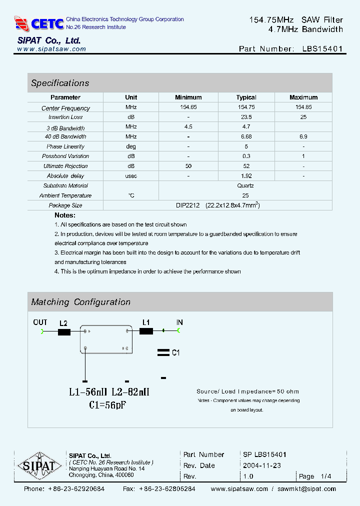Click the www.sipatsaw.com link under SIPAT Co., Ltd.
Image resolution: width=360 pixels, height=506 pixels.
(x=51, y=49)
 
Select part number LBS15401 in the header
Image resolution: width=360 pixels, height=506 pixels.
(x=322, y=49)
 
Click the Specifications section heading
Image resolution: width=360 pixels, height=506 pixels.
(x=60, y=83)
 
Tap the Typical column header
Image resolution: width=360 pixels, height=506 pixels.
(x=246, y=97)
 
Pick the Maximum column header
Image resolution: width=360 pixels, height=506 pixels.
(x=303, y=97)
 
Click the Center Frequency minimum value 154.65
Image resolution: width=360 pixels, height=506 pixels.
(x=188, y=107)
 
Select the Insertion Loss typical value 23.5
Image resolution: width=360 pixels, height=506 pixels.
(x=246, y=117)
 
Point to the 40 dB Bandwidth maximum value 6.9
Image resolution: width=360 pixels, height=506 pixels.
(x=303, y=136)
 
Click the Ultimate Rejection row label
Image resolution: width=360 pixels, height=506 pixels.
(x=65, y=166)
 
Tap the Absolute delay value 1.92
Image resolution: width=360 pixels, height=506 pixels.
(x=246, y=176)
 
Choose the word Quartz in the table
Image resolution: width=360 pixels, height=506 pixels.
(x=246, y=185)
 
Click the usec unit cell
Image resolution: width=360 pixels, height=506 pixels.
(x=131, y=176)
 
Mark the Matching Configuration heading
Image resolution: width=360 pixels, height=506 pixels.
(x=80, y=302)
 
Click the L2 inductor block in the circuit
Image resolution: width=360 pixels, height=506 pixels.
(x=64, y=331)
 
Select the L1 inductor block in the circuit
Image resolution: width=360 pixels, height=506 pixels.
(x=146, y=330)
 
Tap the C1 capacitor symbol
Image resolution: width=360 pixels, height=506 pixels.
(x=163, y=352)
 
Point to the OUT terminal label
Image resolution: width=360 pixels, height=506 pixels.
(x=40, y=322)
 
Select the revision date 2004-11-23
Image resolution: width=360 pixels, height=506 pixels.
(x=262, y=465)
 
